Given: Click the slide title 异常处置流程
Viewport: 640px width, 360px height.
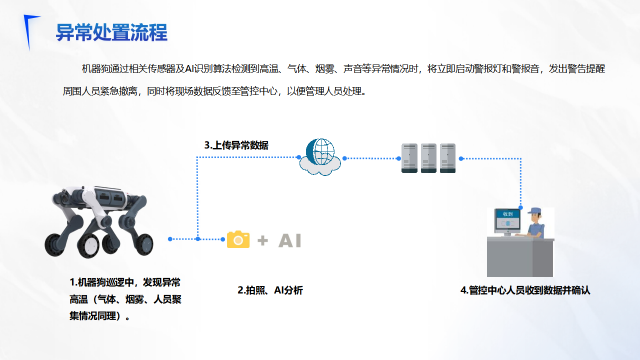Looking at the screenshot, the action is tap(111, 32).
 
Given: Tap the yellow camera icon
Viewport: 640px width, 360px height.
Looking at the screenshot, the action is tap(238, 239).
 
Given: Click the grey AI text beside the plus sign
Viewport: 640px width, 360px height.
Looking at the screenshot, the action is tap(289, 240).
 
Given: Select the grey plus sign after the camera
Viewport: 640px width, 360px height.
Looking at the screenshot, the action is tap(262, 240).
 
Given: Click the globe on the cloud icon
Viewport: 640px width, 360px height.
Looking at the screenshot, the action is tap(320, 151).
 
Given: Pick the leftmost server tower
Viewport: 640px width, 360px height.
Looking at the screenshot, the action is tap(409, 158).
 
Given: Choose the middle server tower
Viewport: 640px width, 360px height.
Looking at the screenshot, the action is tap(428, 158).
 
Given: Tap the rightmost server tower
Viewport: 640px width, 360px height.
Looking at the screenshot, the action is tap(447, 158).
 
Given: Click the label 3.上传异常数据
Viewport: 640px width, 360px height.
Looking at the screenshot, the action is tap(236, 145).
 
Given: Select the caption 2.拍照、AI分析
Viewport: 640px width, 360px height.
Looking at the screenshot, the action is tap(270, 290).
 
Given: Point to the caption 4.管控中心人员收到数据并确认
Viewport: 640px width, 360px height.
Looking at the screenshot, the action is tap(525, 290).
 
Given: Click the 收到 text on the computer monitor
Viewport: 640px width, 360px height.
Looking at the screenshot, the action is tap(507, 214).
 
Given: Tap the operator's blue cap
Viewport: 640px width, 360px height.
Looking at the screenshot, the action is tap(535, 211).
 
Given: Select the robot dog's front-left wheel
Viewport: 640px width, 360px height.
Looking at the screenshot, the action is tap(55, 245).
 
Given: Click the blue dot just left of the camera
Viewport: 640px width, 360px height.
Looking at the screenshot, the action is tap(223, 239).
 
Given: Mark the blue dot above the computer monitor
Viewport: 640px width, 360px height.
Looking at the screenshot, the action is tap(520, 207).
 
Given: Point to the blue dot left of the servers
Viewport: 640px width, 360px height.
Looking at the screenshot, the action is tap(398, 158).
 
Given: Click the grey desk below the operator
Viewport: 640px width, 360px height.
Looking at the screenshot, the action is tap(520, 257).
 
